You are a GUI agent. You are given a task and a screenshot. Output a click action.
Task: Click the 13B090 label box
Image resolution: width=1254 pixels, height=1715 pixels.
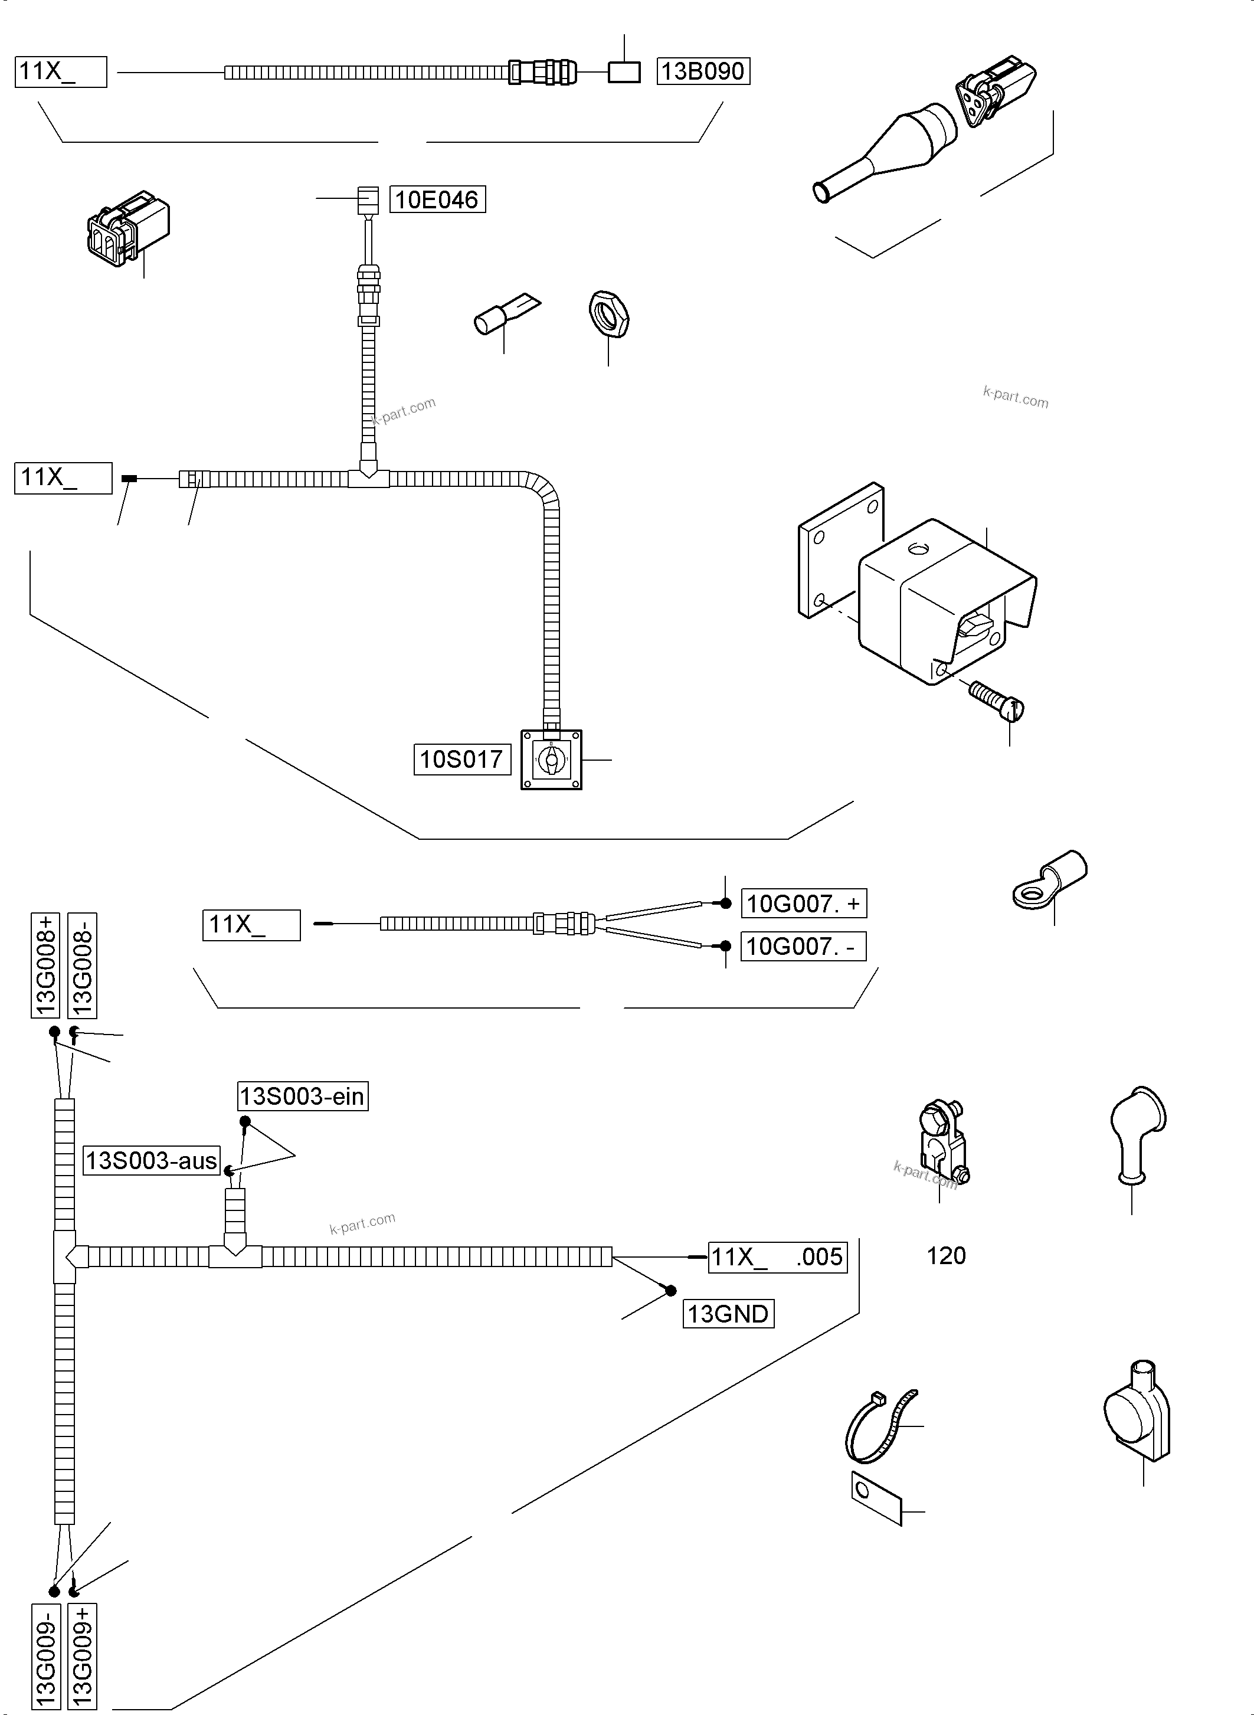[703, 71]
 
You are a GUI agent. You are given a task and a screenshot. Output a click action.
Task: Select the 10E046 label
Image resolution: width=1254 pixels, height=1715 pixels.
[437, 199]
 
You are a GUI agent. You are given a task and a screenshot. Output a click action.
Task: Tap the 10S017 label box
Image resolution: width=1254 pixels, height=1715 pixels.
[461, 759]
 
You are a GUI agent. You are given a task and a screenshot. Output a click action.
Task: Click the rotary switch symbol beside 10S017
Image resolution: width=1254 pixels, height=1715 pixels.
[551, 759]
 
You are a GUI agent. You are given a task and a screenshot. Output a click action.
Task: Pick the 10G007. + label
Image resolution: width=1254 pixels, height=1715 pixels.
[803, 904]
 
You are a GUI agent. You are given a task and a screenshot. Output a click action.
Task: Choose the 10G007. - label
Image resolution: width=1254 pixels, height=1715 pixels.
[803, 946]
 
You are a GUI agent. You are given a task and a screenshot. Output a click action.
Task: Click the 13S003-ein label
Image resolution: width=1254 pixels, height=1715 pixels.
[302, 1097]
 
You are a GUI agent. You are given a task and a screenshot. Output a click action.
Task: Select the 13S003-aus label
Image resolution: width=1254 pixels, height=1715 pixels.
[151, 1161]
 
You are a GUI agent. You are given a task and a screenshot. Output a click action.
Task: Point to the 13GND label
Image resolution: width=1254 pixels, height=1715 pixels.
[728, 1313]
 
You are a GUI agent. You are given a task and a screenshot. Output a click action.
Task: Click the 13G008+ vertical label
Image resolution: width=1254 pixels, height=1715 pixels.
[45, 965]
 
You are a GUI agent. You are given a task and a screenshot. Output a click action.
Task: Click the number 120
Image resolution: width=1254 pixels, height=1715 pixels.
[946, 1256]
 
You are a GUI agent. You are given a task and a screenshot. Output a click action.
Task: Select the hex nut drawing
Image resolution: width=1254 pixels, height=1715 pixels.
[609, 313]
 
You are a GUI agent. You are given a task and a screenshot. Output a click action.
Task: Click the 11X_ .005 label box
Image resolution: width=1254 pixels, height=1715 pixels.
[777, 1256]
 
